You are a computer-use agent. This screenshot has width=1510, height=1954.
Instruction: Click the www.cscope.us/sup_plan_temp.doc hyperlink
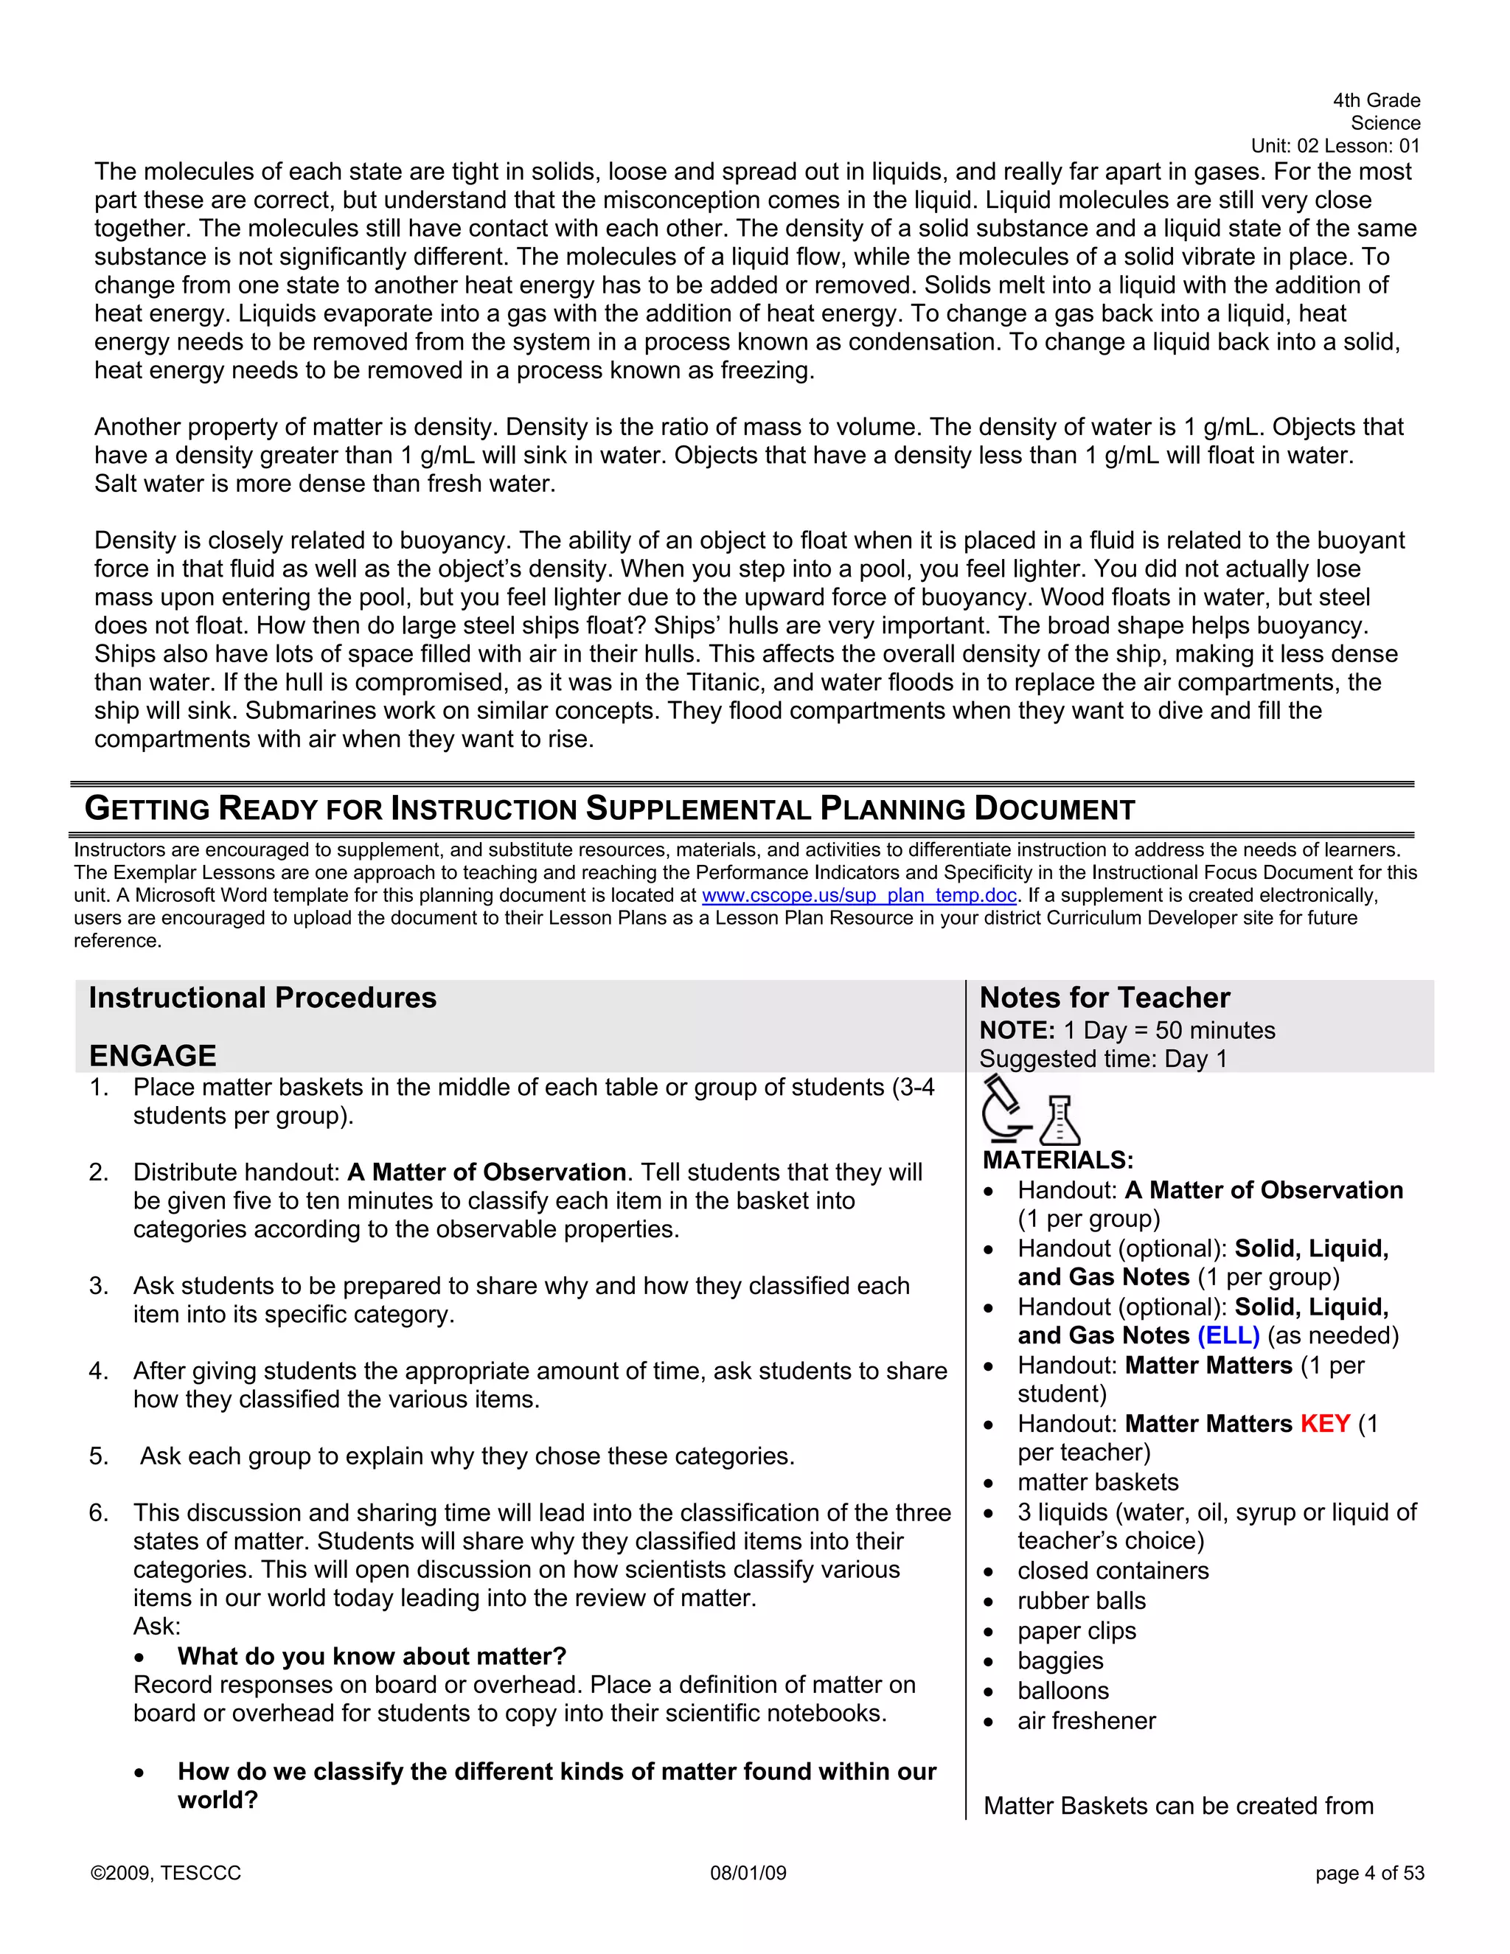click(x=859, y=896)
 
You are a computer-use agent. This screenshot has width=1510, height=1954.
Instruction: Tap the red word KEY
click(x=1324, y=1423)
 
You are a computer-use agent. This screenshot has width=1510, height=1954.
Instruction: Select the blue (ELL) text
click(x=1228, y=1336)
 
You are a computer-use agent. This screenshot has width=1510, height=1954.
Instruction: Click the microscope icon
click(x=1005, y=1110)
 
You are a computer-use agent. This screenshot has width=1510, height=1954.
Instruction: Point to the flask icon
click(x=1060, y=1120)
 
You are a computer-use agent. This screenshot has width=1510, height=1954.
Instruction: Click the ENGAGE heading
click(x=152, y=1056)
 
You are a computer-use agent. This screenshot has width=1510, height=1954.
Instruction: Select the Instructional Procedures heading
click(x=262, y=998)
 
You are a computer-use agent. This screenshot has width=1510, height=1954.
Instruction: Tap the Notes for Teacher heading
click(x=1104, y=998)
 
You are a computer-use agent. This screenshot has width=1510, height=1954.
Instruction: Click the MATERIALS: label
click(x=1058, y=1161)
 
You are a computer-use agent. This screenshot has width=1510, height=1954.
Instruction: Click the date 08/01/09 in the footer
click(x=748, y=1874)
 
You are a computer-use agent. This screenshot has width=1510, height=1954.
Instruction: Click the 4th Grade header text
click(x=1376, y=100)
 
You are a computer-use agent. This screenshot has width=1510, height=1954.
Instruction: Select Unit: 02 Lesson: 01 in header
click(x=1335, y=146)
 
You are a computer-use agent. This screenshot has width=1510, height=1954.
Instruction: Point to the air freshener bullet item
click(x=1086, y=1720)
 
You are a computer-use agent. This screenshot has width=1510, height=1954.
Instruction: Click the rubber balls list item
click(x=1081, y=1601)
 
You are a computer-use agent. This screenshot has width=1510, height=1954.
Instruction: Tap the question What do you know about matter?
click(x=372, y=1656)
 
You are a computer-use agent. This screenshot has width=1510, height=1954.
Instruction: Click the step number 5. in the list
click(x=98, y=1456)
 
